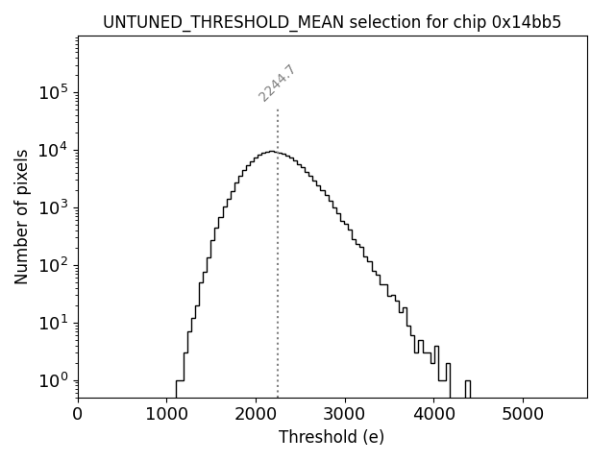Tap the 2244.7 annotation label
click(277, 84)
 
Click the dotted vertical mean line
click(278, 288)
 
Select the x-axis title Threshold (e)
click(332, 437)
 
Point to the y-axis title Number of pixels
click(21, 216)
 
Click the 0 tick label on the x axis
click(78, 415)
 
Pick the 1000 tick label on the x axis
click(166, 415)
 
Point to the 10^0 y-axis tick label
click(52, 380)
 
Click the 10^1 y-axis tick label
click(52, 323)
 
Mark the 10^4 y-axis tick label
click(52, 150)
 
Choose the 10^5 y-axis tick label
click(52, 92)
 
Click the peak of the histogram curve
click(272, 151)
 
